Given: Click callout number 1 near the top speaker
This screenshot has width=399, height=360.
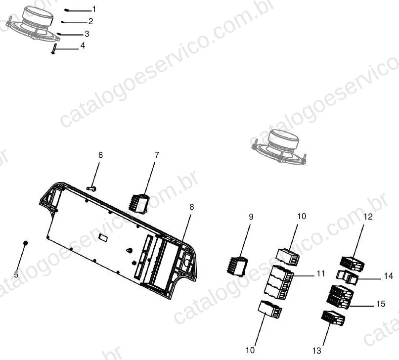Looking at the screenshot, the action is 94,9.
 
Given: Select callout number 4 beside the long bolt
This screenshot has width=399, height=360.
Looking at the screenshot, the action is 83,46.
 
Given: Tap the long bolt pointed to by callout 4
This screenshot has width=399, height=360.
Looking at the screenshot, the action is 54,48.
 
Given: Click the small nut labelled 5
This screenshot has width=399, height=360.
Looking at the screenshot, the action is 25,243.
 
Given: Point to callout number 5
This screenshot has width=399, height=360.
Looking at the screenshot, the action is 16,275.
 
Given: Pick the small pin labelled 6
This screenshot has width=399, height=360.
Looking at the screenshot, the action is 91,188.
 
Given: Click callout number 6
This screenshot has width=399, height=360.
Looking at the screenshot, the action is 100,155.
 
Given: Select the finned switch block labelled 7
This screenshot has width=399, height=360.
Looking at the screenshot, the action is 138,204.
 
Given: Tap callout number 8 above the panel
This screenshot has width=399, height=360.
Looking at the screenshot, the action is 192,207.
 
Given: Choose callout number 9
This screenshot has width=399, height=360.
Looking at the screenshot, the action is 251,217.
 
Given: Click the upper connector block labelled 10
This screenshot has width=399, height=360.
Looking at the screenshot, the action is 288,257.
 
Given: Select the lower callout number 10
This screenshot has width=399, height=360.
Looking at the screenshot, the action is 250,350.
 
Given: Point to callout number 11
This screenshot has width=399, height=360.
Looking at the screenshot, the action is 321,274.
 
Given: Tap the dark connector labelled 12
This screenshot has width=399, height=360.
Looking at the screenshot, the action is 352,263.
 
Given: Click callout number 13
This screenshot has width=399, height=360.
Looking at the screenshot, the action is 317,351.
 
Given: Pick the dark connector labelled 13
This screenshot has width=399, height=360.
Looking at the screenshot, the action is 333,318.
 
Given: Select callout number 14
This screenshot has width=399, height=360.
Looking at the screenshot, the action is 389,276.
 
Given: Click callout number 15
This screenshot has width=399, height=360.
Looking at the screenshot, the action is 381,304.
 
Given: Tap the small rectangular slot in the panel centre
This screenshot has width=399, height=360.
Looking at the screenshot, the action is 103,237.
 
